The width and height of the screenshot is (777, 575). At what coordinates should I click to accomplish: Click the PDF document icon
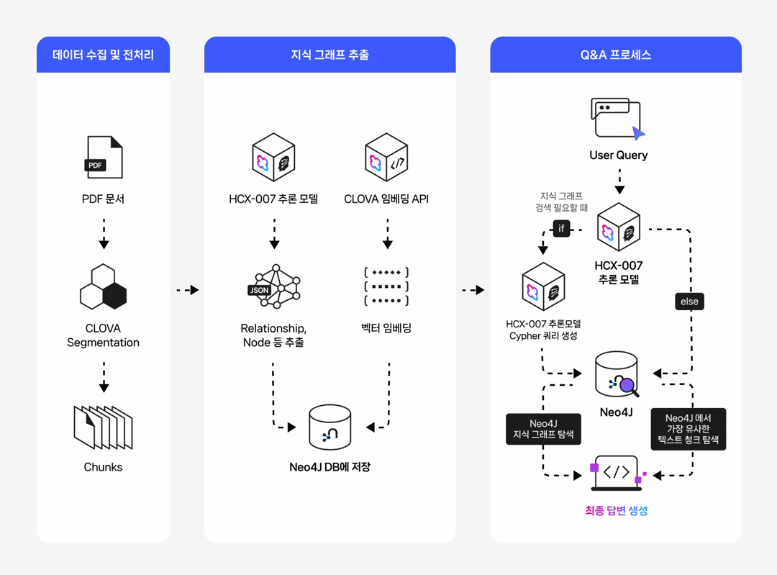(104, 157)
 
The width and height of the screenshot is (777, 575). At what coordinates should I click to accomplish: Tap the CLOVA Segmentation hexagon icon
(103, 286)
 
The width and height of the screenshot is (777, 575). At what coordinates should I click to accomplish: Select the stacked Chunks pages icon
(103, 427)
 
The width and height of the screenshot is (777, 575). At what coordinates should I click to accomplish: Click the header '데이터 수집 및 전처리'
(103, 55)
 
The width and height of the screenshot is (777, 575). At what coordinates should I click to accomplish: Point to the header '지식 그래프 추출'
(330, 55)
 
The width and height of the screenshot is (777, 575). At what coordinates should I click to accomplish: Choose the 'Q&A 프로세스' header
(615, 55)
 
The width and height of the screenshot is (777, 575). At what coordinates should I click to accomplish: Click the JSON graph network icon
(274, 286)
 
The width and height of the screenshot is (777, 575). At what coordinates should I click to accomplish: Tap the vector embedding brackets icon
(386, 286)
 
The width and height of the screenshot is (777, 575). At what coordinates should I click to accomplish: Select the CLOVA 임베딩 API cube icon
(386, 158)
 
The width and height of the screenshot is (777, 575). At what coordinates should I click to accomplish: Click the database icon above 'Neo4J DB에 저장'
(330, 427)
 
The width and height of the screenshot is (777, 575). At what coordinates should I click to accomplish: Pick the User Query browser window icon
(617, 119)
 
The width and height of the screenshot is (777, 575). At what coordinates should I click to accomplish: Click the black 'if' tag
(561, 229)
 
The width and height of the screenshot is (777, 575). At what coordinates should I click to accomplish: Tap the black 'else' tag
(689, 302)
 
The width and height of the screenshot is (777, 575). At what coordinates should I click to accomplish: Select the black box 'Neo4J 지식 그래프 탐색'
(543, 429)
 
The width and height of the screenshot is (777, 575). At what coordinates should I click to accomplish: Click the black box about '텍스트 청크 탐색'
(688, 429)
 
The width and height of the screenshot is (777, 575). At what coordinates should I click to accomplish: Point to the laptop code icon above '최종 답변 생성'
(617, 474)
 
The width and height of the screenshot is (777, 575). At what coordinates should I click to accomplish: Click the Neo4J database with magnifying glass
(617, 374)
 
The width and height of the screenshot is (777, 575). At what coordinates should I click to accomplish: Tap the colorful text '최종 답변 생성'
(617, 510)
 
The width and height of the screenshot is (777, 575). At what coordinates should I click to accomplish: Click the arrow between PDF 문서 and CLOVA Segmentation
(104, 234)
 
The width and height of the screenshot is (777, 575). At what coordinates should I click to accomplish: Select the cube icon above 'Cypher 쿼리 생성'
(543, 287)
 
